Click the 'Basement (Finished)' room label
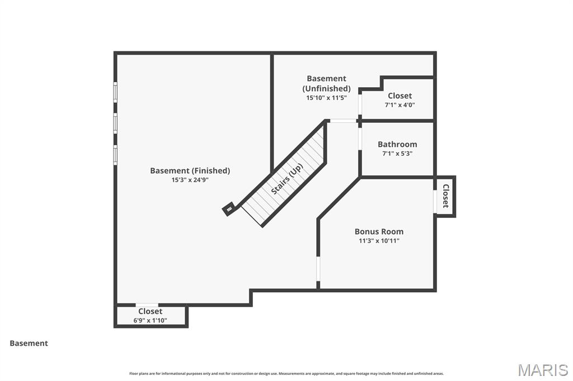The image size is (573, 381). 190,170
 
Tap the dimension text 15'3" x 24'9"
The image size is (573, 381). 190,180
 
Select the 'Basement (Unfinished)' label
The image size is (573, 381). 326,83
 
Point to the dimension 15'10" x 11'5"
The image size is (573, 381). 326,97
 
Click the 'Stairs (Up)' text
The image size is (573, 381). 286,179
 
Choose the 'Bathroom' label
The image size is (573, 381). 397,144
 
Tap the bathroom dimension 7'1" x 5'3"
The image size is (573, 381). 397,154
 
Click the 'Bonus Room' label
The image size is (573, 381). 379,231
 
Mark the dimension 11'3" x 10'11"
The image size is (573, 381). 379,241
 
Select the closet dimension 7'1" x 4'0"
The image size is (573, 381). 400,105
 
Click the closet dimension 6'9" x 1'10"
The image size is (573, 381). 150,321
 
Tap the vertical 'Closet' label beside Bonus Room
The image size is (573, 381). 446,196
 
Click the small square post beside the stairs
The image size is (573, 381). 229,209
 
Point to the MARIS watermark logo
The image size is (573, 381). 543,370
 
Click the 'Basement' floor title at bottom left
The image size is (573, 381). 29,344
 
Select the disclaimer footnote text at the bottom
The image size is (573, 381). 286,374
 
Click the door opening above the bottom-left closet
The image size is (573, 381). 147,305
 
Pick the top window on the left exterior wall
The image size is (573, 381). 115,92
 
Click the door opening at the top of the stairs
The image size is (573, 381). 342,121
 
